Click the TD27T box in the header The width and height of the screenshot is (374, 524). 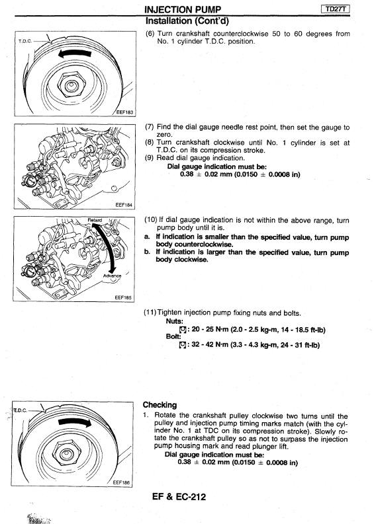(336, 9)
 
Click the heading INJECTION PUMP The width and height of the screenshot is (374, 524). (183, 10)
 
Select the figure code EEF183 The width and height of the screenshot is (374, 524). (124, 112)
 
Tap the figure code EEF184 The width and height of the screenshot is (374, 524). (124, 205)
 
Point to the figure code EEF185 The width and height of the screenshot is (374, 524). (123, 297)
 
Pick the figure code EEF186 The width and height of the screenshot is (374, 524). (121, 482)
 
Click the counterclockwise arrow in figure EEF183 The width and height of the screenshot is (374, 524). (74, 54)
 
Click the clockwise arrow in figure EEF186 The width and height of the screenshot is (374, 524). (75, 422)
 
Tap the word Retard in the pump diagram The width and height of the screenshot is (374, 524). (95, 220)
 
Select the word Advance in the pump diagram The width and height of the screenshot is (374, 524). (113, 276)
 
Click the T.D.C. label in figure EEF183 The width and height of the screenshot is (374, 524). (24, 41)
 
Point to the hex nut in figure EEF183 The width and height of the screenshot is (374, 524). (70, 85)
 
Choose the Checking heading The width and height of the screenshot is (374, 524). (160, 405)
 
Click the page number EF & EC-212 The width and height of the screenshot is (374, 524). (179, 497)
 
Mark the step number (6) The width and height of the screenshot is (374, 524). (150, 34)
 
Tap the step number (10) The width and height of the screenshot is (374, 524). (151, 220)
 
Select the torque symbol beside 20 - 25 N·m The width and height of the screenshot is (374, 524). (183, 330)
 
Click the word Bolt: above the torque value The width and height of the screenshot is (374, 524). (173, 337)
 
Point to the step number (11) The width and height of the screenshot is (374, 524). (150, 313)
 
